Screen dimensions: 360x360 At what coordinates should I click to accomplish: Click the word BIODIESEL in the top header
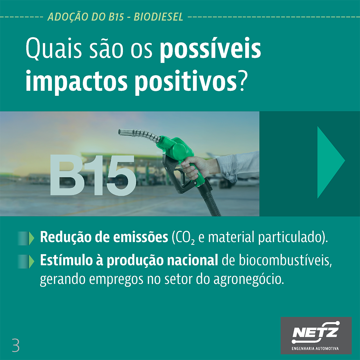(158, 17)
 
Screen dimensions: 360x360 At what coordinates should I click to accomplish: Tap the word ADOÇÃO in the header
(68, 17)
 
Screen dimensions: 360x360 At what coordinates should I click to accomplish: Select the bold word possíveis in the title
(210, 50)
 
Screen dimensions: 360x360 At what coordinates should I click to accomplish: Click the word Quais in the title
(54, 49)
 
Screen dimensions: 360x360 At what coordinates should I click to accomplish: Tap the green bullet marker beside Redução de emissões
(26, 238)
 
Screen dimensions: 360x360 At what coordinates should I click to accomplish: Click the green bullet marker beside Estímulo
(26, 261)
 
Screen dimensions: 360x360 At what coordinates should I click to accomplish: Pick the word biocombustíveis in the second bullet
(285, 261)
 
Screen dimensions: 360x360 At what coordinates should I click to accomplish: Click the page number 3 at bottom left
(15, 345)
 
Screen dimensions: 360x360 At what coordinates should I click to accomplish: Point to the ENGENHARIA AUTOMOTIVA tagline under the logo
(315, 348)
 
